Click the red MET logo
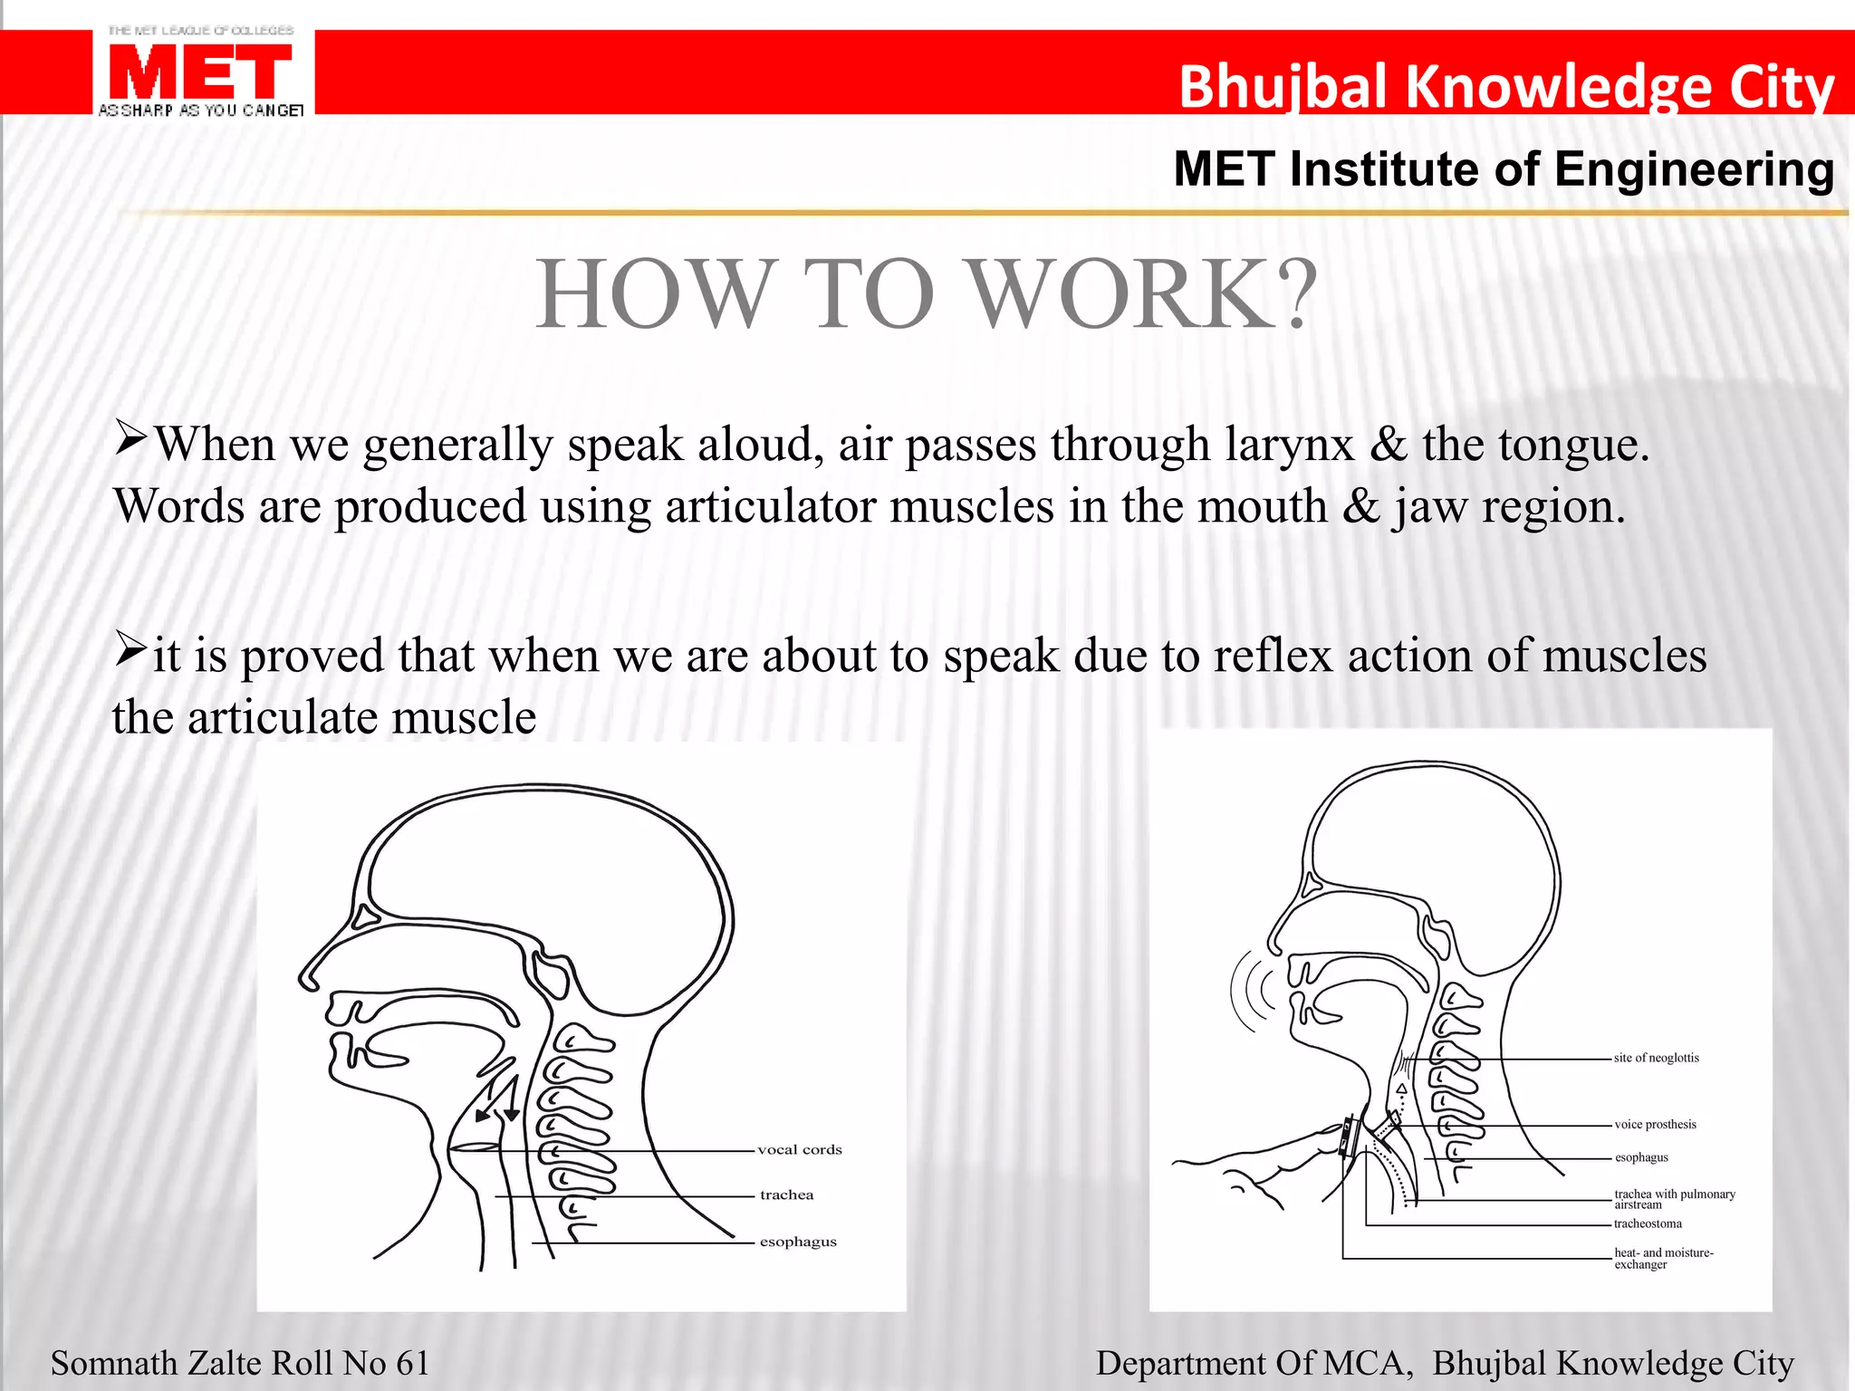tap(200, 72)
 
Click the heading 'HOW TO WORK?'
tap(926, 294)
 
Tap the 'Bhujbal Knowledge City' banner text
tap(1505, 87)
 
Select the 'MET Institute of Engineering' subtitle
tap(1504, 169)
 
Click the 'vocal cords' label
tap(800, 1150)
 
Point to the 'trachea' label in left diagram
tap(786, 1195)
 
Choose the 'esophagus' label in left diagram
tap(798, 1242)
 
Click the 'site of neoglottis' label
tap(1656, 1058)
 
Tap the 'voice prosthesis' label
tap(1655, 1125)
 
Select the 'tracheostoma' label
tap(1648, 1224)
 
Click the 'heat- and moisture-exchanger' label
tap(1663, 1259)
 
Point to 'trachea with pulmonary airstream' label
tap(1674, 1199)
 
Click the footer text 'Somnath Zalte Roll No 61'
tap(240, 1363)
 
